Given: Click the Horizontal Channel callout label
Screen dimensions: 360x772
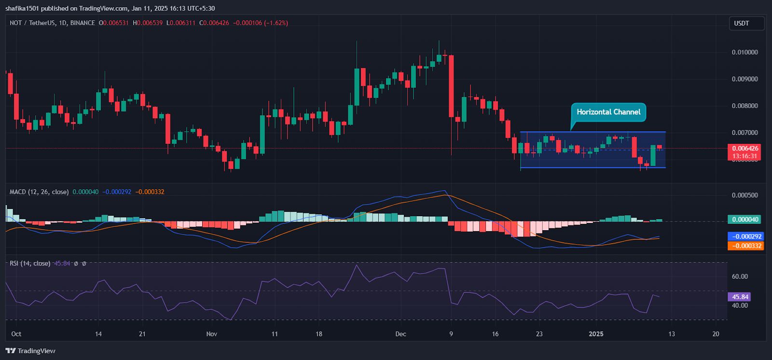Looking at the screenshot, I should [608, 112].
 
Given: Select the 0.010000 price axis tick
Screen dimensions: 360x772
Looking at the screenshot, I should [744, 52].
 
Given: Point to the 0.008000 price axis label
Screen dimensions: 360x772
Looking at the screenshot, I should [744, 106].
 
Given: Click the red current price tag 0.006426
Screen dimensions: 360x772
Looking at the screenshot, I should [745, 149].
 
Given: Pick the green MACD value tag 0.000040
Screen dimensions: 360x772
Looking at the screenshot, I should [745, 220].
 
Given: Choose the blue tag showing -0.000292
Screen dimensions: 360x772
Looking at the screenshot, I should [745, 236].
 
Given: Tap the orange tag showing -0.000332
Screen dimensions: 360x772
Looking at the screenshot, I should [745, 246].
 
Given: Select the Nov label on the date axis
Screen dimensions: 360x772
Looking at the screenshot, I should [211, 334].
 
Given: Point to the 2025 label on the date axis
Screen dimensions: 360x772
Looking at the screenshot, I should [596, 334].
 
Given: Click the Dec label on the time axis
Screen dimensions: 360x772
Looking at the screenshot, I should [400, 334].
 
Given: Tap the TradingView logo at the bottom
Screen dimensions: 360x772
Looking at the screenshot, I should [30, 351].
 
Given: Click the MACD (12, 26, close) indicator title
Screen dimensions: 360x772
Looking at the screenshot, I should [39, 192].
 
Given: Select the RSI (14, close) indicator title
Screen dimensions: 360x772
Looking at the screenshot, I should [30, 263].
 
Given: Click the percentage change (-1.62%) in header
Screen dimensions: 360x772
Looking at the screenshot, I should [276, 23].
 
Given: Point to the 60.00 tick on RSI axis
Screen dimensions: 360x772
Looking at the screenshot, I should [740, 277].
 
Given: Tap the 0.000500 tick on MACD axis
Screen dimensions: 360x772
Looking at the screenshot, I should [744, 195].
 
